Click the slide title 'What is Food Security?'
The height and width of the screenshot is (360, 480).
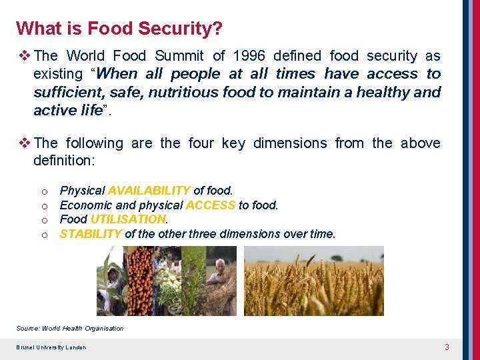tap(119, 29)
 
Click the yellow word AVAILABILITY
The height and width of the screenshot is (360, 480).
tap(149, 191)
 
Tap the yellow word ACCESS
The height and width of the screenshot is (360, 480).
tap(210, 205)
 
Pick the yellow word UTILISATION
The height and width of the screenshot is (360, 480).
tap(128, 219)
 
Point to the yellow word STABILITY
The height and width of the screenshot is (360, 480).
tap(91, 234)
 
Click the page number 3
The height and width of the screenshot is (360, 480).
tap(447, 347)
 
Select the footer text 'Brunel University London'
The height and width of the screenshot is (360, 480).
tap(51, 347)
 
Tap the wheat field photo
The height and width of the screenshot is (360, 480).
tap(313, 281)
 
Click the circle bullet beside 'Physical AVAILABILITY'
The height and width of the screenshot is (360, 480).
tap(43, 191)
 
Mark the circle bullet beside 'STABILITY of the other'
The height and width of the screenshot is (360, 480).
tap(43, 235)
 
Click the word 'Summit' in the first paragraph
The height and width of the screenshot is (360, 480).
tap(181, 56)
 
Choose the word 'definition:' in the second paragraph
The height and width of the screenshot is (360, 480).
tap(65, 161)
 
